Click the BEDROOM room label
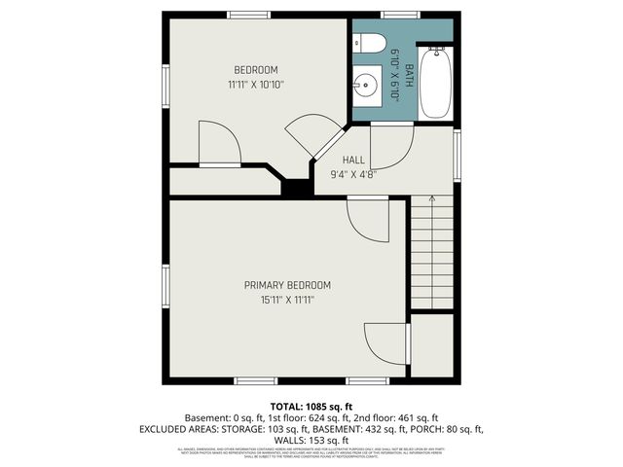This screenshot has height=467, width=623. (256, 69)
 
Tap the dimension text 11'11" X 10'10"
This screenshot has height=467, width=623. (256, 85)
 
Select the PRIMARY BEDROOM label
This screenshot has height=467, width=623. (287, 285)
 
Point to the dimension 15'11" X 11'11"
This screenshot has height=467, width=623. (287, 301)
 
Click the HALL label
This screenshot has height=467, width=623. (353, 160)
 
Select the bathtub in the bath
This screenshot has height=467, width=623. (434, 82)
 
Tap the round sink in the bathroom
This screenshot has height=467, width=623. (368, 86)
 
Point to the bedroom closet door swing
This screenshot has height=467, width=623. (218, 144)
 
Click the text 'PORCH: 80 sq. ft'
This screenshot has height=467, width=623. (447, 428)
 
